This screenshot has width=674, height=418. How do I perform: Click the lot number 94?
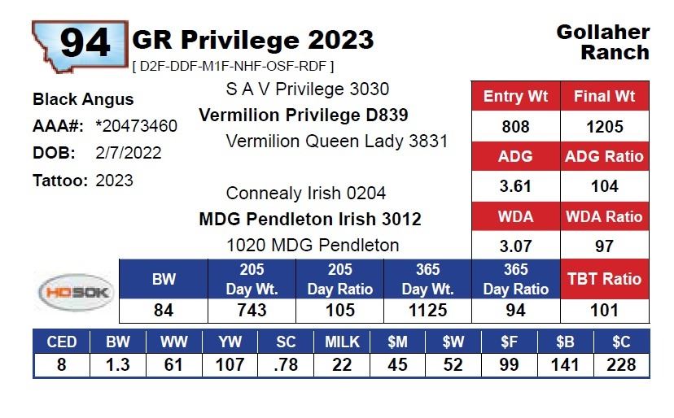pyautogui.click(x=85, y=41)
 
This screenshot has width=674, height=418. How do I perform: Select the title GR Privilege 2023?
pyautogui.click(x=252, y=39)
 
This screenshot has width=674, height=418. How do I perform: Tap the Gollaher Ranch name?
pyautogui.click(x=603, y=42)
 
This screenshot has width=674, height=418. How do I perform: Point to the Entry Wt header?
pyautogui.click(x=515, y=96)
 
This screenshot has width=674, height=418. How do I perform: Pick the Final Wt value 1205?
pyautogui.click(x=604, y=126)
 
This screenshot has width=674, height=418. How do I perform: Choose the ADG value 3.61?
pyautogui.click(x=515, y=186)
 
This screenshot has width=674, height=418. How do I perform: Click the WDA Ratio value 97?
pyautogui.click(x=604, y=246)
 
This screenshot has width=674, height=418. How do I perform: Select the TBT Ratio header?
pyautogui.click(x=604, y=279)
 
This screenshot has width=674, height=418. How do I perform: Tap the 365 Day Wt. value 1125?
pyautogui.click(x=427, y=310)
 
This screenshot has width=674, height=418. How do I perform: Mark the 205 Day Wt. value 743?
pyautogui.click(x=252, y=310)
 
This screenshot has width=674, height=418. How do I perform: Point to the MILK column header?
pyautogui.click(x=341, y=342)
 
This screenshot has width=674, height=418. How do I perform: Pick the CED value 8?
pyautogui.click(x=62, y=365)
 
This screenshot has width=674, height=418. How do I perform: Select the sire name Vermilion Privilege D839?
pyautogui.click(x=304, y=115)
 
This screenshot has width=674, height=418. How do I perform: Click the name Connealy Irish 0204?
pyautogui.click(x=306, y=194)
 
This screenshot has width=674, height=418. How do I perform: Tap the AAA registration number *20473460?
pyautogui.click(x=136, y=126)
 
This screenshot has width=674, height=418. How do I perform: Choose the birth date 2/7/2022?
pyautogui.click(x=129, y=153)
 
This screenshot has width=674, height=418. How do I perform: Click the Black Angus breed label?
pyautogui.click(x=83, y=99)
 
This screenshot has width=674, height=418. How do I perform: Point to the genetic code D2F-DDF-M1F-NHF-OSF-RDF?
pyautogui.click(x=233, y=66)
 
